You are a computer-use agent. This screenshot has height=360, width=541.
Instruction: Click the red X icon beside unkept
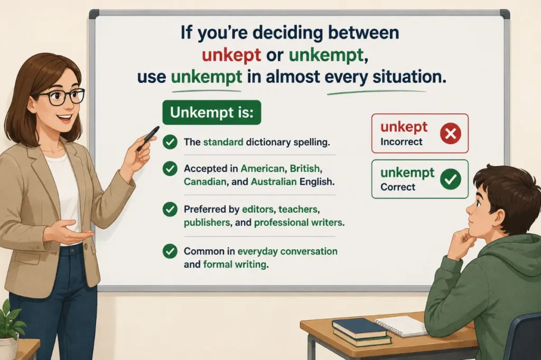pyautogui.click(x=451, y=133)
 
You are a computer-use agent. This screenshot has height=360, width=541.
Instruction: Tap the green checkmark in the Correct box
pyautogui.click(x=451, y=179)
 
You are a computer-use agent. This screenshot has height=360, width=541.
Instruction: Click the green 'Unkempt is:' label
pyautogui.click(x=212, y=112)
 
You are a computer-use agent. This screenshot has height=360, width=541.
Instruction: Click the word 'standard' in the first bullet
pyautogui.click(x=223, y=142)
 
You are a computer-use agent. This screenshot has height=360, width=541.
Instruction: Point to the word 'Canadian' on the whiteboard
pyautogui.click(x=206, y=182)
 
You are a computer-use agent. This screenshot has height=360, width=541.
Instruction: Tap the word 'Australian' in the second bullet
pyautogui.click(x=274, y=182)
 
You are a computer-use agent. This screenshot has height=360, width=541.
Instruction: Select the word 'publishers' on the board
pyautogui.click(x=207, y=223)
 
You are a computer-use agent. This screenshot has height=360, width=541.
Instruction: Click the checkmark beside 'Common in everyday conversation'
pyautogui.click(x=170, y=251)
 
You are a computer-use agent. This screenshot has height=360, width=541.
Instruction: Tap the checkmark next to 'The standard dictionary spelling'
pyautogui.click(x=170, y=141)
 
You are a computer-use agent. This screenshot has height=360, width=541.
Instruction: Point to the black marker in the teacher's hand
pyautogui.click(x=148, y=138)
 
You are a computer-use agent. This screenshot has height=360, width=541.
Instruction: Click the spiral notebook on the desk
pyautogui.click(x=401, y=326)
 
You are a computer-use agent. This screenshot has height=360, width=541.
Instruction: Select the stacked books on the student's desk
pyautogui.click(x=361, y=331)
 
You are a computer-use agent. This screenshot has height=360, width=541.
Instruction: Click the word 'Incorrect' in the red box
pyautogui.click(x=402, y=141)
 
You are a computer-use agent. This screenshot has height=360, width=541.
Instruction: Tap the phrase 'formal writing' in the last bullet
pyautogui.click(x=235, y=264)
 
